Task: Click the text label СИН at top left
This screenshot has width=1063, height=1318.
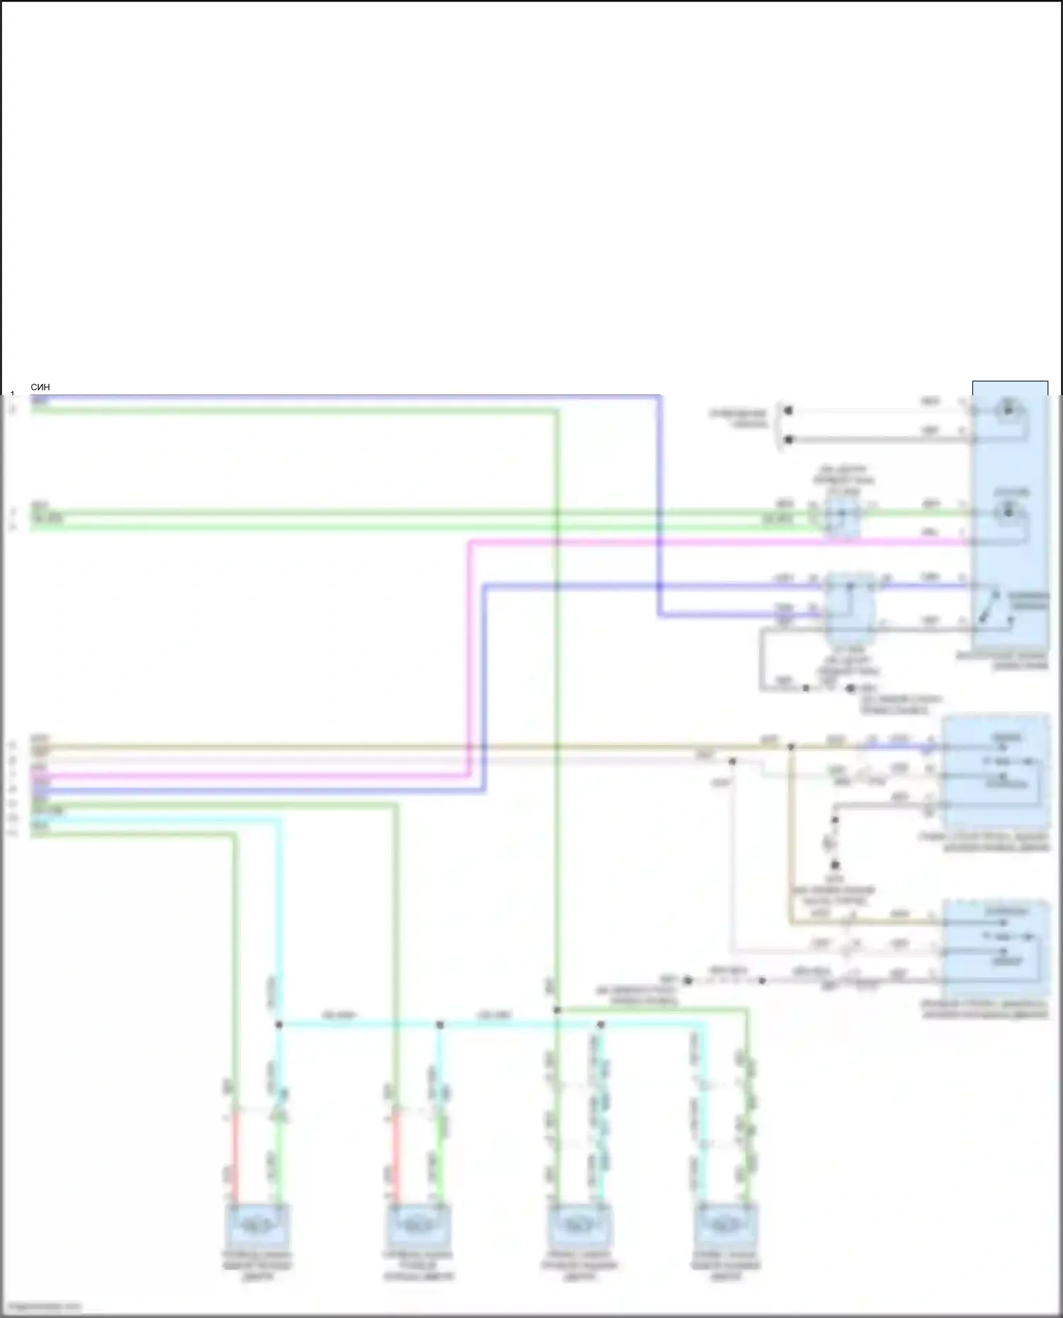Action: [x=40, y=387]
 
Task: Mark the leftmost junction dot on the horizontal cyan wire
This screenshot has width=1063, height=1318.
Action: [x=279, y=1025]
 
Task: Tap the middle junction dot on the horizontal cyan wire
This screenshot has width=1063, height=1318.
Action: [x=439, y=1025]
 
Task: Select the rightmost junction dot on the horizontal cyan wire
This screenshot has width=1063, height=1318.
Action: [x=600, y=1025]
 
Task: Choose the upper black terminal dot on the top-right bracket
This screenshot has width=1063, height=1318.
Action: [x=788, y=411]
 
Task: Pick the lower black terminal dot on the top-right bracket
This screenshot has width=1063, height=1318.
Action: [x=788, y=440]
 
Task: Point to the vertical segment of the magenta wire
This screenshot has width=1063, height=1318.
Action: [x=468, y=659]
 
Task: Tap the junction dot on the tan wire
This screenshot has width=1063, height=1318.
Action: [x=791, y=746]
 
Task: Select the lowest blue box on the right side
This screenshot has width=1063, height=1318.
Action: [x=995, y=949]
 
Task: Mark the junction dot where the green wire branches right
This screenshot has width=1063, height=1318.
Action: [x=557, y=1010]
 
